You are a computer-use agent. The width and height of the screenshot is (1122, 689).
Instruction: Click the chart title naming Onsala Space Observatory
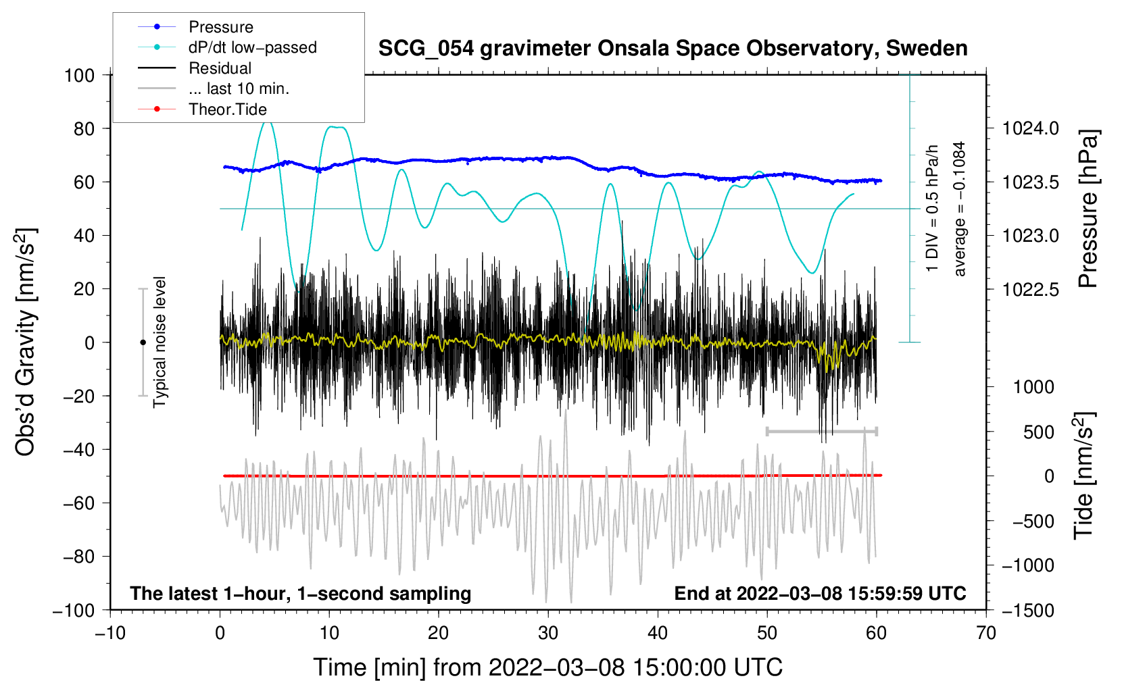[673, 49]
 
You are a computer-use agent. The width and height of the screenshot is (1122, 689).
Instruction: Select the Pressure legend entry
[220, 27]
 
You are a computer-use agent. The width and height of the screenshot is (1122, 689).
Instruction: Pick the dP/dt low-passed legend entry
[252, 47]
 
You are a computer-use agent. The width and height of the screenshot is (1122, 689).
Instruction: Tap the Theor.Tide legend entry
[227, 109]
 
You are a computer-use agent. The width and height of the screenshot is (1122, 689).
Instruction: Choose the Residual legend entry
[220, 68]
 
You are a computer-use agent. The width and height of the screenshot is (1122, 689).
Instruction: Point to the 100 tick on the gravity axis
[79, 75]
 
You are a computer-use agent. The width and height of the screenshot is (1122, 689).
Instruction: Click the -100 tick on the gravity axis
[74, 610]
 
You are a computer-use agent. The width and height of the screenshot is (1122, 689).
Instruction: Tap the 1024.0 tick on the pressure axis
[1030, 128]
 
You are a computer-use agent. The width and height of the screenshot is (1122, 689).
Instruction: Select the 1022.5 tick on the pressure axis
[1030, 289]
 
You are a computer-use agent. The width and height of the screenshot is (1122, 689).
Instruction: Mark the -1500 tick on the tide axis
[1028, 610]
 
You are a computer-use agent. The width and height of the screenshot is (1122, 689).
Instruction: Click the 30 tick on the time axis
[548, 633]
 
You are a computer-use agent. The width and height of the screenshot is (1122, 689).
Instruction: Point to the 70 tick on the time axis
[986, 633]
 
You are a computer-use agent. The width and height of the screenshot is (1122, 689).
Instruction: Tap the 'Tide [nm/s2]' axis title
[1083, 476]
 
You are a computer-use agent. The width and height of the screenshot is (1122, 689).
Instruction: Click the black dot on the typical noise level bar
[143, 342]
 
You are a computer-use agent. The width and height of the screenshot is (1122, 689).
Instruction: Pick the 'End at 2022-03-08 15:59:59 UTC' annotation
[820, 593]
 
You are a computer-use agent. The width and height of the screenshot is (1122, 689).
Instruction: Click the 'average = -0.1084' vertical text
[960, 209]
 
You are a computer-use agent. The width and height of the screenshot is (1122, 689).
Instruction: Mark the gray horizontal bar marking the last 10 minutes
[821, 431]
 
